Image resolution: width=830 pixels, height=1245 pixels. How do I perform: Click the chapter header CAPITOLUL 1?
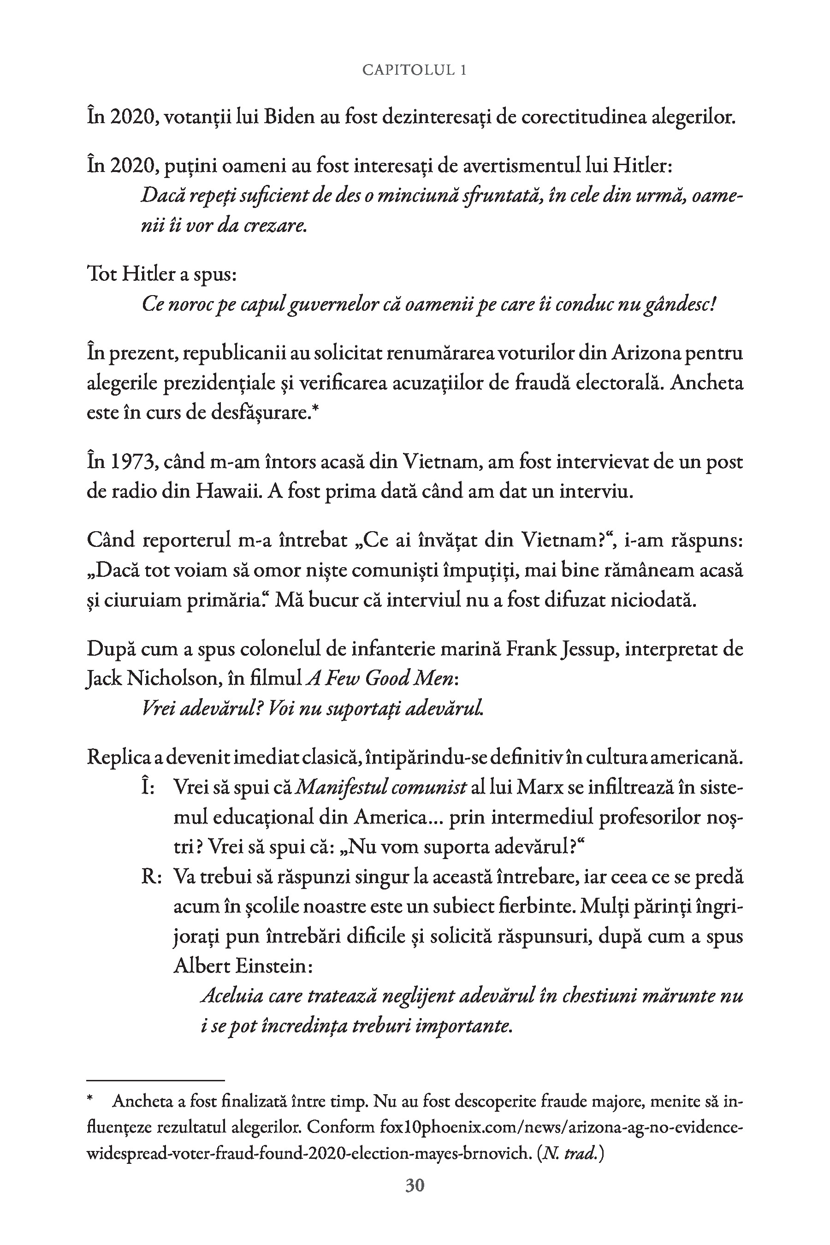(415, 71)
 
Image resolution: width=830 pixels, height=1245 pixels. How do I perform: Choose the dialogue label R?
(151, 877)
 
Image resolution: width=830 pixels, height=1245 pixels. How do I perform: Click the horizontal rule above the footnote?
(156, 1080)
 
